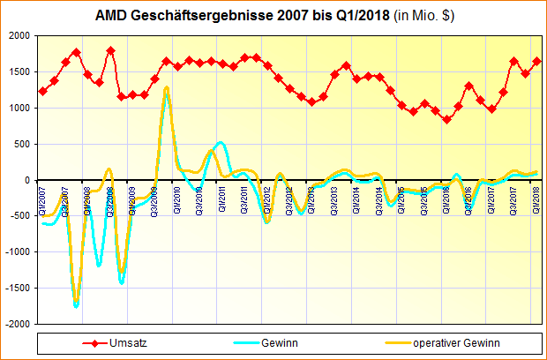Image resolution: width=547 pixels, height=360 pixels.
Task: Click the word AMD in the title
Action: (111, 17)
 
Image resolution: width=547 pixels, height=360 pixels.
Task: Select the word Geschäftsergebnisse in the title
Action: (197, 17)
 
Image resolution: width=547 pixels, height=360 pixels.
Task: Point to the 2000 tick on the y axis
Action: (17, 36)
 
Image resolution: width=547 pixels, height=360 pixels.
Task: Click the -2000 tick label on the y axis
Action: (15, 324)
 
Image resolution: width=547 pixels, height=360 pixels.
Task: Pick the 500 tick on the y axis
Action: (20, 144)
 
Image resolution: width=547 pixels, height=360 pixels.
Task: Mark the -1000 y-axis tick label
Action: (15, 252)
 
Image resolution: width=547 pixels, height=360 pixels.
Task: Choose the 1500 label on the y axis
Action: (17, 72)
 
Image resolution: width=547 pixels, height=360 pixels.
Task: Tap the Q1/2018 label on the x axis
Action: (536, 200)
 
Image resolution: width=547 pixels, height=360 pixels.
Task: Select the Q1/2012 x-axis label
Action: (267, 200)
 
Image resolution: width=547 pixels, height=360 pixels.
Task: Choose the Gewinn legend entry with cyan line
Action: (278, 343)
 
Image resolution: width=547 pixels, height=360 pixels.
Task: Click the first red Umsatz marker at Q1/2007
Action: (43, 91)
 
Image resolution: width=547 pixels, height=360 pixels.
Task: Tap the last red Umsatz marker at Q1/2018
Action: (536, 61)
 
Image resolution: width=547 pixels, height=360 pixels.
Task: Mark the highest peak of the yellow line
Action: (166, 87)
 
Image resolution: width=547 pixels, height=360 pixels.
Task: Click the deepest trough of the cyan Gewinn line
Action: (77, 306)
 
